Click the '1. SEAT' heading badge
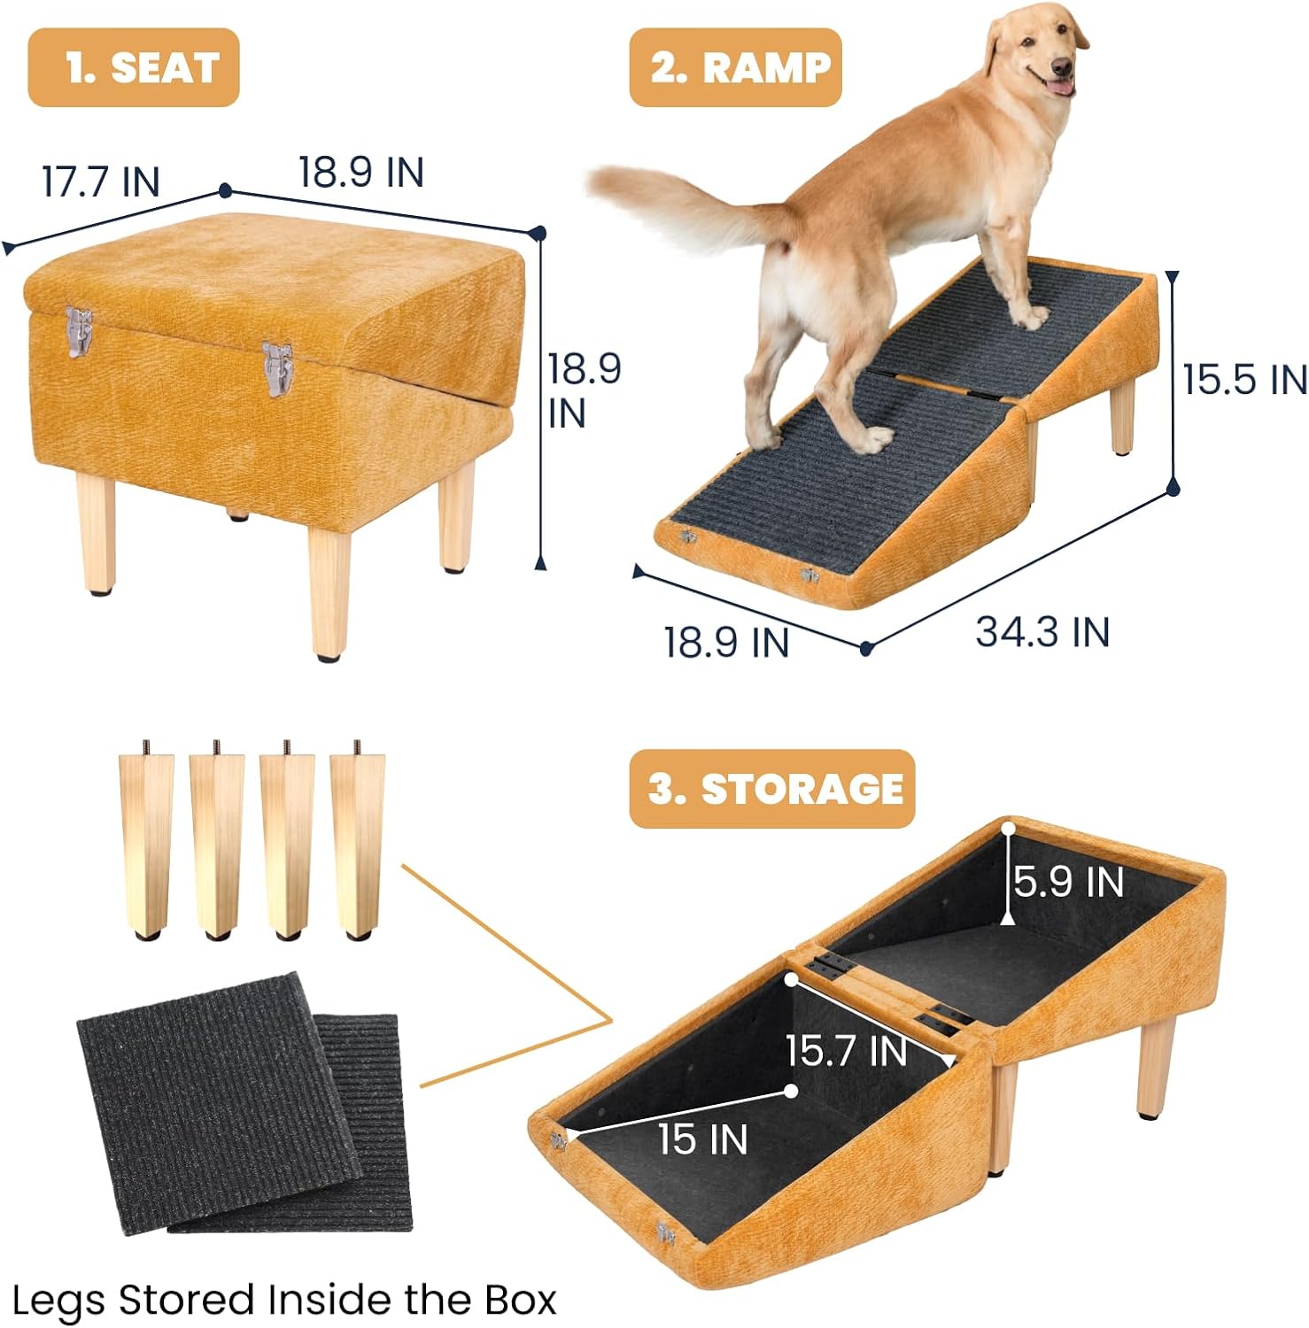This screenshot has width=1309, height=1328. coord(134,68)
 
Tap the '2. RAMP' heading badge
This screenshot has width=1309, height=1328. coord(735,68)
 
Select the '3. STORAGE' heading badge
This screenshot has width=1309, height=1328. coord(771,789)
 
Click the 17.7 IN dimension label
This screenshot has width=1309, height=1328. coord(100,181)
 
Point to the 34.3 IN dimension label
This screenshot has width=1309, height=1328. coord(1042,632)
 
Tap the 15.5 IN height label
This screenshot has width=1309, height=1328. coord(1243,379)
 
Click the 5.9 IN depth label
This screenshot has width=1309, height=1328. coord(1068,882)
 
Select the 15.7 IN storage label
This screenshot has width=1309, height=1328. coord(846,1051)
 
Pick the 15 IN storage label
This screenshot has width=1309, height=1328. coord(702,1139)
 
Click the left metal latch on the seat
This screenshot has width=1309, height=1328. coord(80,332)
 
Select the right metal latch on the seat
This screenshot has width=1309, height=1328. coord(277,368)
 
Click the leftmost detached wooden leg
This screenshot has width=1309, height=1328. coord(145,841)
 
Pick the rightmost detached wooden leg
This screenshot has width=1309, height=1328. coord(357,841)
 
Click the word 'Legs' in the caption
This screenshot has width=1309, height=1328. coord(60,1300)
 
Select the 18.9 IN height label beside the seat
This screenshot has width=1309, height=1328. coord(583,390)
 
